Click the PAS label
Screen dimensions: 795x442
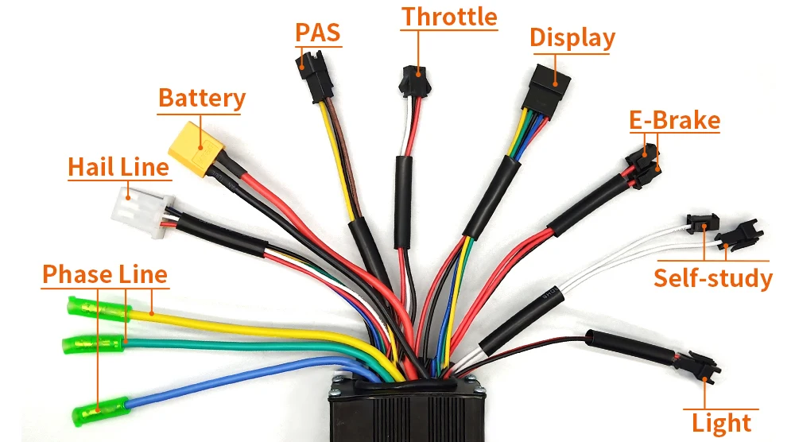click(317, 33)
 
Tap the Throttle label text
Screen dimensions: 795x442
click(448, 17)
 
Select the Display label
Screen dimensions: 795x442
click(572, 37)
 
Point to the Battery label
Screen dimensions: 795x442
click(202, 99)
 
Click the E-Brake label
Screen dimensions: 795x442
click(674, 121)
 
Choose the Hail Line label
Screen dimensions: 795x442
click(118, 167)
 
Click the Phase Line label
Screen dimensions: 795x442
click(104, 274)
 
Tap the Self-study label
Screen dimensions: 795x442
click(712, 278)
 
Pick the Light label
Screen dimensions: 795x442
click(721, 422)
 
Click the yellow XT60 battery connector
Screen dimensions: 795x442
click(193, 149)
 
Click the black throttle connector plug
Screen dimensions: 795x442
click(411, 79)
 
